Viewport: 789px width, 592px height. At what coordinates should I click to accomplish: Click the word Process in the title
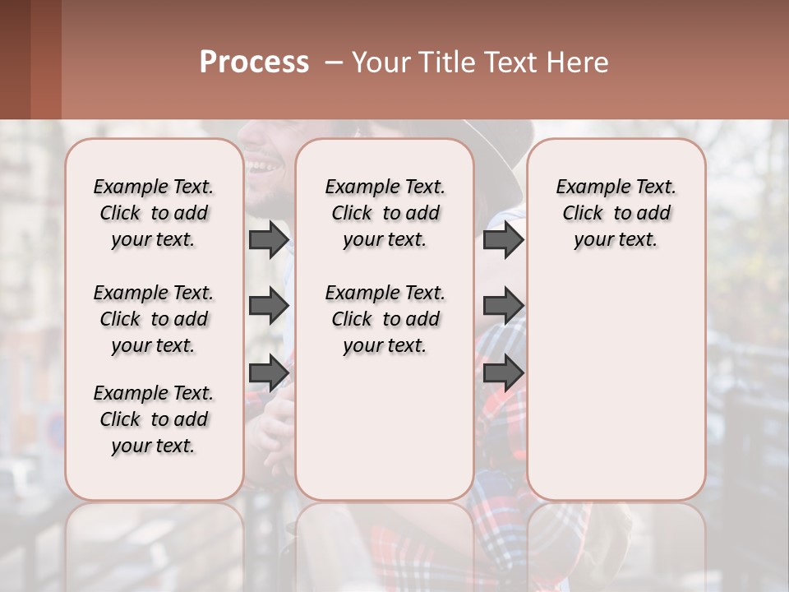[x=254, y=62]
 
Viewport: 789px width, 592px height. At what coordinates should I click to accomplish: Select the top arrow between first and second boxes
[x=269, y=240]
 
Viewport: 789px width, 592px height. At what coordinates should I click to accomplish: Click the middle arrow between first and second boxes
[x=269, y=307]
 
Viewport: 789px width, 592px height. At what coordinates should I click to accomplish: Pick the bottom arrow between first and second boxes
[x=269, y=372]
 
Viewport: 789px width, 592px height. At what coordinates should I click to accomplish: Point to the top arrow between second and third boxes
[x=503, y=240]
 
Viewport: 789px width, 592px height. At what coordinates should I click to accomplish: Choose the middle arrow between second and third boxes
[x=503, y=307]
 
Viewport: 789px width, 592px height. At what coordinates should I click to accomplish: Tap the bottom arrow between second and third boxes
[x=503, y=372]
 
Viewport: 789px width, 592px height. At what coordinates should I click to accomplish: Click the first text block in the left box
[x=154, y=213]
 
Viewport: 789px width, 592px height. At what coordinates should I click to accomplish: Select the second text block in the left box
[x=154, y=319]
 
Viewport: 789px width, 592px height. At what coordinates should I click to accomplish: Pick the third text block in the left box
[x=154, y=419]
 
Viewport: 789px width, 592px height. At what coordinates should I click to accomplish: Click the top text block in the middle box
[x=385, y=213]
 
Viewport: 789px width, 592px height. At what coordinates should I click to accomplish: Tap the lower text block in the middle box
[x=385, y=319]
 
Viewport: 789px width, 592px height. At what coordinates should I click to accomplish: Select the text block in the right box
[x=616, y=213]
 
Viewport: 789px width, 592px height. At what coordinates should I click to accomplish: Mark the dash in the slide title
[x=334, y=62]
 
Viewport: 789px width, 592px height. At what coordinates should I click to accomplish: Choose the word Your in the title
[x=375, y=62]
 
